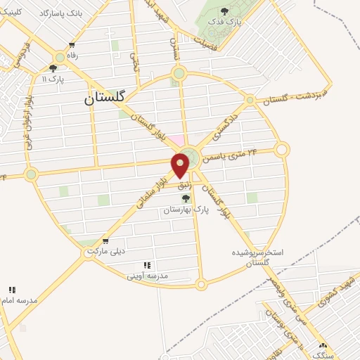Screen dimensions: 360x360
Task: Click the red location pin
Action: tap(181, 165)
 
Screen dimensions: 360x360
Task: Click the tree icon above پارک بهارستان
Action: tap(185, 198)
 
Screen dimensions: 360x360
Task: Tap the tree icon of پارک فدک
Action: tap(224, 11)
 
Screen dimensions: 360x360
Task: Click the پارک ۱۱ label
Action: tap(51, 79)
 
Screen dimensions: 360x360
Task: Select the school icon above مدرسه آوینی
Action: tap(148, 265)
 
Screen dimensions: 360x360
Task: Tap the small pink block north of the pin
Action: tap(179, 141)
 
